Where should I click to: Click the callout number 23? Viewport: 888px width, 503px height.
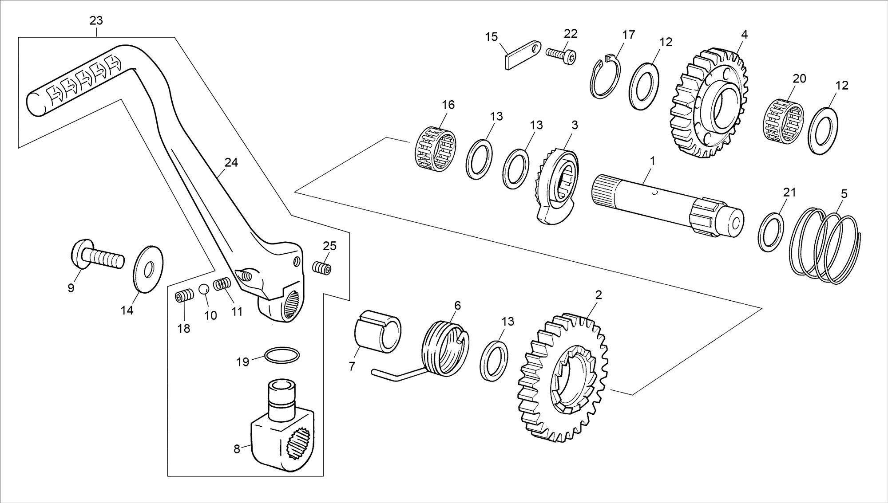click(96, 20)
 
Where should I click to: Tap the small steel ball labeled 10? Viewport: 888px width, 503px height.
click(203, 289)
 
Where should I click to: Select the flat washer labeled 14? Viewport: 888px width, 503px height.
click(148, 269)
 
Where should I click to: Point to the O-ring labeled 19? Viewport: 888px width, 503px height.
click(282, 355)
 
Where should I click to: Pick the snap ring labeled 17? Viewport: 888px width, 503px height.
click(605, 76)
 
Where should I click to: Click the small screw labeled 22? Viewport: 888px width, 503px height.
click(562, 58)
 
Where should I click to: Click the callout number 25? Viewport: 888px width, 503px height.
click(329, 245)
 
